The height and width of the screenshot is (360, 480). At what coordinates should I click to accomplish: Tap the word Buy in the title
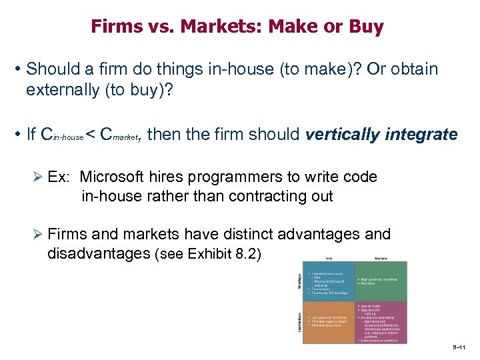367,27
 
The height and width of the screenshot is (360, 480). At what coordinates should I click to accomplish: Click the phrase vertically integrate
381,135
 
